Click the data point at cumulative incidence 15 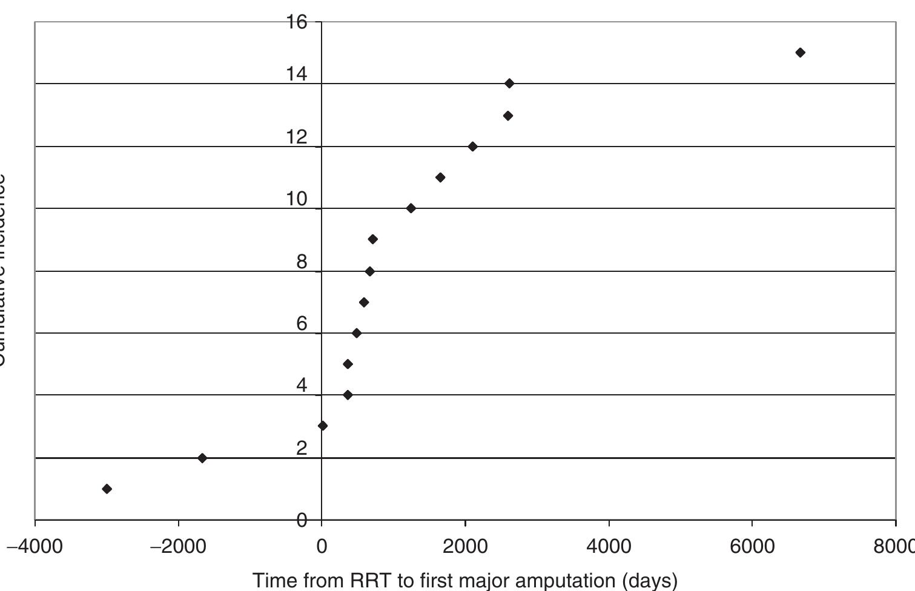click(x=800, y=53)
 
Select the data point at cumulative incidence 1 click(x=107, y=489)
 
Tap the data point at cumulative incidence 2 click(x=202, y=458)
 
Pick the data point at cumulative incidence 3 click(x=323, y=426)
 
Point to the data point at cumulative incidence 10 click(x=411, y=208)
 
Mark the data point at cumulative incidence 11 click(x=440, y=177)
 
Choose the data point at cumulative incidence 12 click(x=473, y=147)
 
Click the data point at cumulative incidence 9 click(x=373, y=239)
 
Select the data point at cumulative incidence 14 click(x=509, y=83)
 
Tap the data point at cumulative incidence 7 click(x=364, y=302)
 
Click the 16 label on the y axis click(x=297, y=22)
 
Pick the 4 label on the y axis click(x=302, y=385)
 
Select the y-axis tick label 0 click(x=302, y=520)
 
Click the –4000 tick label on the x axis click(x=35, y=546)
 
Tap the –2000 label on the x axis click(x=178, y=546)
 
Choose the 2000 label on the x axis click(x=465, y=546)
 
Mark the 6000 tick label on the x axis click(x=752, y=546)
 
